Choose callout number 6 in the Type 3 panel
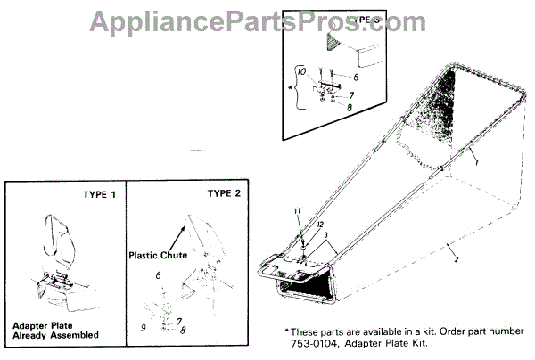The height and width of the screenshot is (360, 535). pos(353,78)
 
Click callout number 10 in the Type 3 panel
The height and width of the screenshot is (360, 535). pos(300,70)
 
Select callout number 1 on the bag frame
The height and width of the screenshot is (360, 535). pos(477,165)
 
